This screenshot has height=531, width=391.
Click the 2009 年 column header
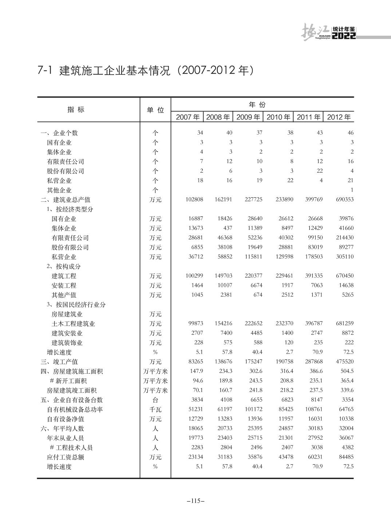pyautogui.click(x=248, y=117)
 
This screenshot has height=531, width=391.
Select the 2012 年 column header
pyautogui.click(x=339, y=117)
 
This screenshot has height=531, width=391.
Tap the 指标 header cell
pyautogui.click(x=76, y=110)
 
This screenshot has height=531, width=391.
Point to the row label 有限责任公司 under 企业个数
pyautogui.click(x=65, y=162)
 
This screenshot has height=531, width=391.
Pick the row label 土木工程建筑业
pyautogui.click(x=73, y=324)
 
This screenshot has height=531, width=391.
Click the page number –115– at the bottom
pyautogui.click(x=195, y=501)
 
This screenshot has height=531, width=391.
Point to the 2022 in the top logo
pyautogui.click(x=344, y=36)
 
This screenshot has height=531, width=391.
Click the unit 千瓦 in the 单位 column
pyautogui.click(x=155, y=410)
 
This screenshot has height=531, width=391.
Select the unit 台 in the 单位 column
pyautogui.click(x=155, y=400)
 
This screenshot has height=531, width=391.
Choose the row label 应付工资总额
pyautogui.click(x=65, y=457)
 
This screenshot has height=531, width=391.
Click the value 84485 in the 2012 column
pyautogui.click(x=346, y=457)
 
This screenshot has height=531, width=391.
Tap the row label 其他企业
pyautogui.click(x=59, y=190)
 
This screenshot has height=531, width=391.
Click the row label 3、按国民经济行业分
pyautogui.click(x=76, y=304)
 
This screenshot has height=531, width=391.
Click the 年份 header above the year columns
pyautogui.click(x=257, y=105)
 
